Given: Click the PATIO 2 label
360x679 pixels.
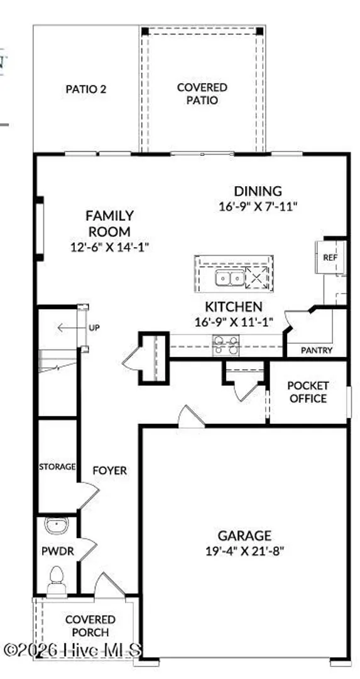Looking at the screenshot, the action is click(x=85, y=89).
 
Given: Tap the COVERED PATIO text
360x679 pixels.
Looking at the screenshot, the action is click(x=202, y=94).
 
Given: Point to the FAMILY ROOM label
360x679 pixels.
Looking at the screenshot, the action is click(x=109, y=223).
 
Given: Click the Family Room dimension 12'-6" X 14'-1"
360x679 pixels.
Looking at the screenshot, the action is click(x=109, y=247).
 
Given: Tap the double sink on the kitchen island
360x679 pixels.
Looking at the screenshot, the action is click(x=230, y=278).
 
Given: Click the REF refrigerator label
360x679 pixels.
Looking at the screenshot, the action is click(x=330, y=257).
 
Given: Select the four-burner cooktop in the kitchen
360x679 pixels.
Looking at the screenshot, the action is click(x=226, y=345).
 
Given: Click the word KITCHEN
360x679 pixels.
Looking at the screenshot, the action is click(x=233, y=307).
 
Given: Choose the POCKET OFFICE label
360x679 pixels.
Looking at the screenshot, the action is click(x=308, y=392).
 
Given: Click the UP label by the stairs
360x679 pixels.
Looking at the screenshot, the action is click(x=94, y=328).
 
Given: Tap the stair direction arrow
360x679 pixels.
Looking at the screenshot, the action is click(x=67, y=328).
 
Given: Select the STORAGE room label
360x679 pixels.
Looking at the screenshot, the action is click(x=58, y=466).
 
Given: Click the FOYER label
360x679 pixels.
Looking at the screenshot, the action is click(x=110, y=470).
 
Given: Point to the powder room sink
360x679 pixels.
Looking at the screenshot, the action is click(x=57, y=525).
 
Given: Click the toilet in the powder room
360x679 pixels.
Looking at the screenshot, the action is click(x=57, y=582).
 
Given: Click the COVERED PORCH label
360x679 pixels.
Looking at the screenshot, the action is click(x=90, y=626).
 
